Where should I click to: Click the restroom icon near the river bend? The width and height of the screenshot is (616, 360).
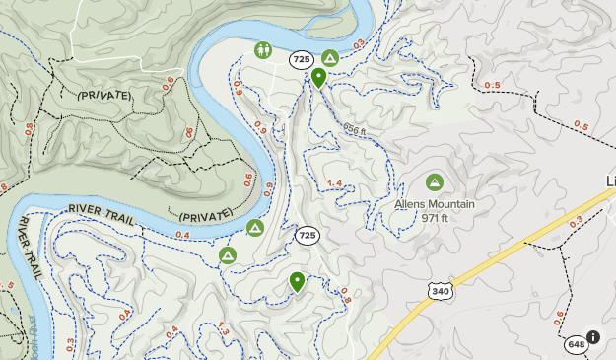coord(263,50)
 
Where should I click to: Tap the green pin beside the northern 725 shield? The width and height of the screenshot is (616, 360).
coord(318,78)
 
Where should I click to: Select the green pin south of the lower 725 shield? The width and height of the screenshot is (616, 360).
coord(297,282)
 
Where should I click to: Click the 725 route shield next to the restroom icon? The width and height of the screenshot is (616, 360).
coord(302,60)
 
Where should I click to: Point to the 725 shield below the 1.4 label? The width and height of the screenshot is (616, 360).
coord(308,236)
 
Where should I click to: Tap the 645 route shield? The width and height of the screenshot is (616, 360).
coord(577,344)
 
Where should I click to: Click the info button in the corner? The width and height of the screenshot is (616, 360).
coord(592,337)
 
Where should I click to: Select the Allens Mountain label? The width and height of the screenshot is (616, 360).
coord(435,205)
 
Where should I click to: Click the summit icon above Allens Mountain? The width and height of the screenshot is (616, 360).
coord(434,182)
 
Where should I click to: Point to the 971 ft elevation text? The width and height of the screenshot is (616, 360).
coord(435,218)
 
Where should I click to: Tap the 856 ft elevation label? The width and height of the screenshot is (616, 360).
coord(355,130)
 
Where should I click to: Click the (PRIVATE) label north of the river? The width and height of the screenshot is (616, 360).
coord(103,96)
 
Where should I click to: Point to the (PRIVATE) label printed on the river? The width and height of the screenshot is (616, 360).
coord(206,215)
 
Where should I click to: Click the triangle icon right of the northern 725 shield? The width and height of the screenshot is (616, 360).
coord(330,59)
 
